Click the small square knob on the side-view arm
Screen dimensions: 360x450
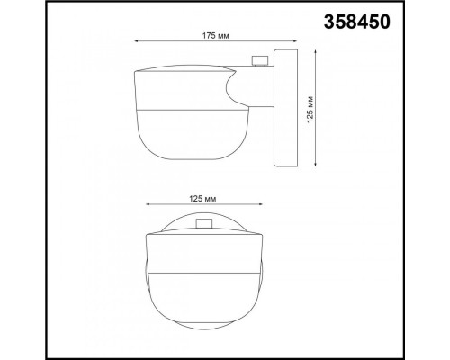261,60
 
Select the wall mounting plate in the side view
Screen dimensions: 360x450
283,108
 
